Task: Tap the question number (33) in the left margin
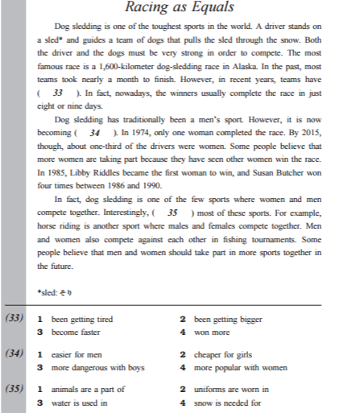(x=14, y=319)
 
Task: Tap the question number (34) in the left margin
(x=14, y=353)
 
